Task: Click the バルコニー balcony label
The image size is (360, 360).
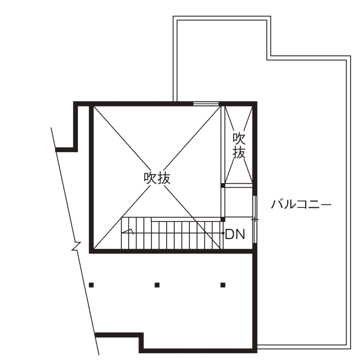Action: click(x=301, y=204)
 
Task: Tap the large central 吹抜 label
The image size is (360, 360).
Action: click(x=157, y=178)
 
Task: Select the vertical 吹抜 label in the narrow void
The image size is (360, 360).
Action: click(x=239, y=146)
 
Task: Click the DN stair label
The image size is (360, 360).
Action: click(x=235, y=234)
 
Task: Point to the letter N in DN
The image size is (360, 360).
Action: click(x=240, y=234)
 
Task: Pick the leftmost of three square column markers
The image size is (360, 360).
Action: click(x=91, y=285)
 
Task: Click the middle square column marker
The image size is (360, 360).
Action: click(x=157, y=285)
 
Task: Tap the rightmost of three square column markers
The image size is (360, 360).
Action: click(x=223, y=285)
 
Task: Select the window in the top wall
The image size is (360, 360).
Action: click(x=206, y=104)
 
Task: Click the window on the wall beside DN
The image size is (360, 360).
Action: click(x=255, y=219)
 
